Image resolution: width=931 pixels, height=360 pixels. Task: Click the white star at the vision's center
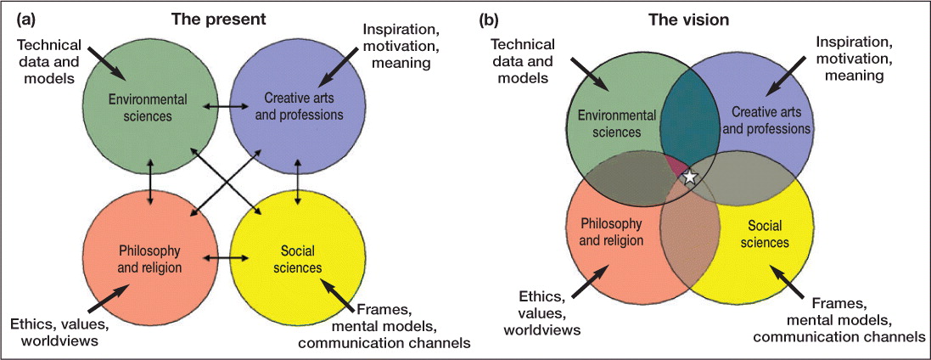coord(691,177)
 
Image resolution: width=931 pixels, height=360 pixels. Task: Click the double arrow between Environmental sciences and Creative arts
coord(224,109)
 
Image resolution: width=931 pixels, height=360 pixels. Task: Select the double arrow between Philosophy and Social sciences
coord(225,256)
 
